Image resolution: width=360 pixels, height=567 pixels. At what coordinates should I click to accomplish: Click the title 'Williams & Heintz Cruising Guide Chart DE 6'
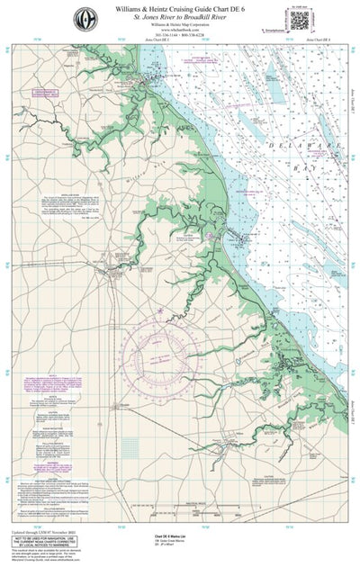pyautogui.click(x=180, y=8)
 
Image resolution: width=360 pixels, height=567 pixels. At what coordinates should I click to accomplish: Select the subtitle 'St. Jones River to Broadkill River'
pyautogui.click(x=180, y=17)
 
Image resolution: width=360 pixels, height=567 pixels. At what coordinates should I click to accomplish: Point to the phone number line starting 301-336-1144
pyautogui.click(x=180, y=37)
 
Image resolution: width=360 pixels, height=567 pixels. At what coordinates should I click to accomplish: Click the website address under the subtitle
pyautogui.click(x=180, y=25)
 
